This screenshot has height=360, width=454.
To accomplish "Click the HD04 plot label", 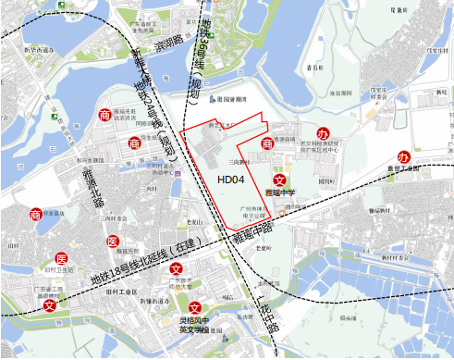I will pos(230,180).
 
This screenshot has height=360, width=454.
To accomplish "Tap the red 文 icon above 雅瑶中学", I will pos(279,180).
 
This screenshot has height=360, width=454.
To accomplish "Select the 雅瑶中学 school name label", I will pos(280,193).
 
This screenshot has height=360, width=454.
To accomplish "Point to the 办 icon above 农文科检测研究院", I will pos(323,134).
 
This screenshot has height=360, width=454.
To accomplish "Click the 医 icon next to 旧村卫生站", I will pos(61,257).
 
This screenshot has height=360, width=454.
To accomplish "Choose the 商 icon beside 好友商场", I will pos(36,215).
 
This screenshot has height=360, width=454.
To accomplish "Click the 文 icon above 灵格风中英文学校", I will pos(195,308).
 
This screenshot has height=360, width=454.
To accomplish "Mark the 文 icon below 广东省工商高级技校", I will pos(37,304).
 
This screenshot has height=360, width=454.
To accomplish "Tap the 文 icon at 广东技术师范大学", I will pos(176,270).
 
